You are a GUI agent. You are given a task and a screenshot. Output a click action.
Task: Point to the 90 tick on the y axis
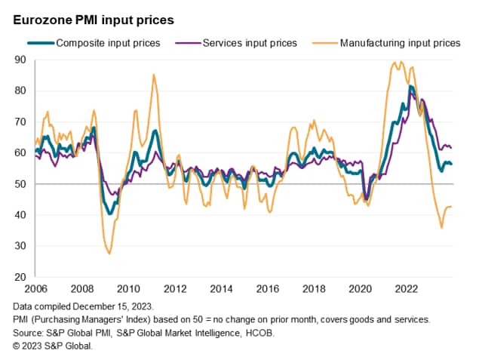20,60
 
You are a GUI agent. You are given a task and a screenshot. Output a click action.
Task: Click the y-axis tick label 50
20,184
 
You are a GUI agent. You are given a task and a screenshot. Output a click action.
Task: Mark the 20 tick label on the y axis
20,277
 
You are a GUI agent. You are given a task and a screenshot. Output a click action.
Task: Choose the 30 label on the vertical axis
20,246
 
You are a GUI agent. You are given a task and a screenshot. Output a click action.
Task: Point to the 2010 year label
127,289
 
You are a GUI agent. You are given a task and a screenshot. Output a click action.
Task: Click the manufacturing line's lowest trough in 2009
109,254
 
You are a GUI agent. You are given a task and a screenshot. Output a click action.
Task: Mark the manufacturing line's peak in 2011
154,75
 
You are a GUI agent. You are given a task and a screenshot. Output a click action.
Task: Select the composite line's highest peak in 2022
410,86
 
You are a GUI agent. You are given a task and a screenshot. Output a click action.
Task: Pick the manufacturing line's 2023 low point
441,227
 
